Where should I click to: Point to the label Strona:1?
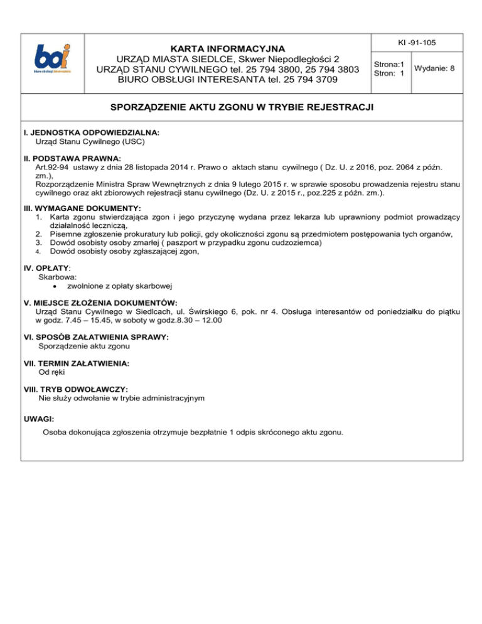388,63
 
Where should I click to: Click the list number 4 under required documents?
38,251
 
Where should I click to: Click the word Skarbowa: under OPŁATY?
58,276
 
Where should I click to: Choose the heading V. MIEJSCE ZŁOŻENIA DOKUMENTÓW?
100,302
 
